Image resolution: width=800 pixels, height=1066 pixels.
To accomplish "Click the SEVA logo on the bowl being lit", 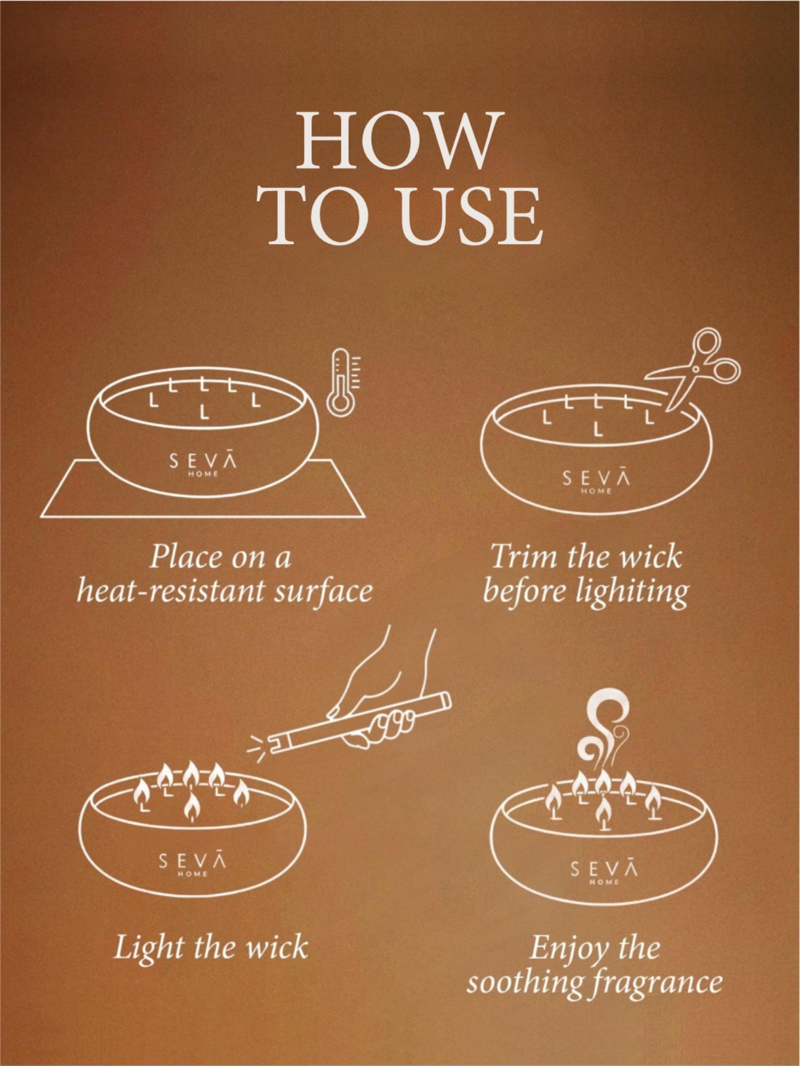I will point(193,862).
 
